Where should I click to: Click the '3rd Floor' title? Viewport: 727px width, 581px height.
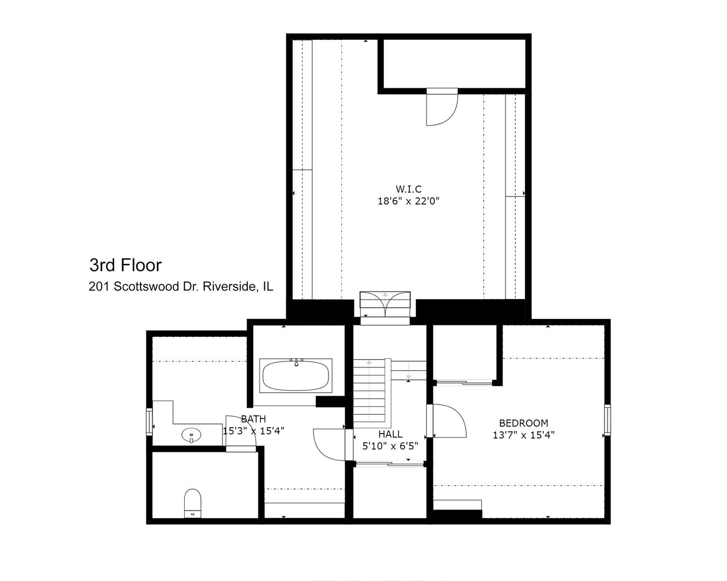pos(125,265)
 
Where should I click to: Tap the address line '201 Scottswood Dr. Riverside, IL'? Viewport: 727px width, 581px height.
pos(180,287)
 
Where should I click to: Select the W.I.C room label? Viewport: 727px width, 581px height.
pos(408,189)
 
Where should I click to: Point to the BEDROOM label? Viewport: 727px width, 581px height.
pos(523,423)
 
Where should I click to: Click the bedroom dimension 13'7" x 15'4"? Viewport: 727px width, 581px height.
pos(523,435)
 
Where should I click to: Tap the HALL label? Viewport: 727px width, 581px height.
pos(390,434)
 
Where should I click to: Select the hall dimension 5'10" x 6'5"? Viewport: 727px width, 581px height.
pos(390,445)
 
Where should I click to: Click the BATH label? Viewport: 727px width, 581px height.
pos(253,419)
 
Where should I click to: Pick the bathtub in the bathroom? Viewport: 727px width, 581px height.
pos(296,375)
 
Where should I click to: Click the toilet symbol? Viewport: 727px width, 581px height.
pos(192,502)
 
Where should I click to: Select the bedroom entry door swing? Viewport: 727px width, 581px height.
pos(449,422)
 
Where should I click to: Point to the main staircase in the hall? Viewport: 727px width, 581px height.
pos(369,391)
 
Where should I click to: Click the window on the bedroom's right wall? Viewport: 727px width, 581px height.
pos(607,420)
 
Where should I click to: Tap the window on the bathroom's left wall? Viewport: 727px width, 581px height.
pos(149,421)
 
